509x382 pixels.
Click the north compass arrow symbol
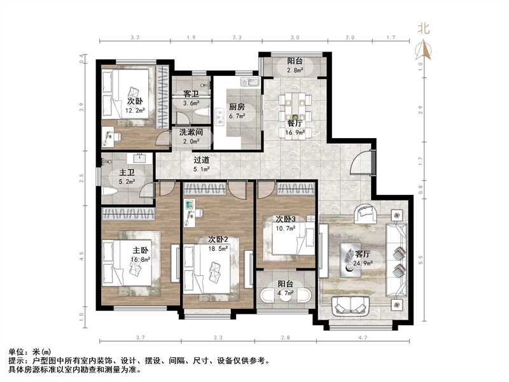tap(424, 48)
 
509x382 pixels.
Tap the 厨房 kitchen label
tap(237, 108)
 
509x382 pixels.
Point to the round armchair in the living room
tap(366, 212)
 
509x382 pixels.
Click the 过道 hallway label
tap(202, 160)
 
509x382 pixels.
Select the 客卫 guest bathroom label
tap(192, 94)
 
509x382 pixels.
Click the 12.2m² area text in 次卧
tap(135, 110)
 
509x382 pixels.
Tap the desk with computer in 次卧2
tap(191, 213)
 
